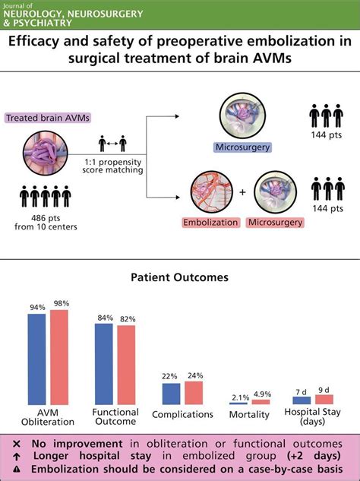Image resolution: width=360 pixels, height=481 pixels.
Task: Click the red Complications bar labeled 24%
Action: [194, 392]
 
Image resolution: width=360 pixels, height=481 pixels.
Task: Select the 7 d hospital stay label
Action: [302, 390]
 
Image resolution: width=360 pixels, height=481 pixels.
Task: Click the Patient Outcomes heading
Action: [180, 278]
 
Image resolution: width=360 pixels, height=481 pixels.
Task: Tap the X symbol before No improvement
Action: [14, 443]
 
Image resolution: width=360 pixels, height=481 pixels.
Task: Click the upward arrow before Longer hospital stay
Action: [14, 457]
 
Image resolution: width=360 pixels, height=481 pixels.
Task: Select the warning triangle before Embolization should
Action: [14, 470]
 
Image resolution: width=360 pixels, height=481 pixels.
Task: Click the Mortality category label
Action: [249, 414]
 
